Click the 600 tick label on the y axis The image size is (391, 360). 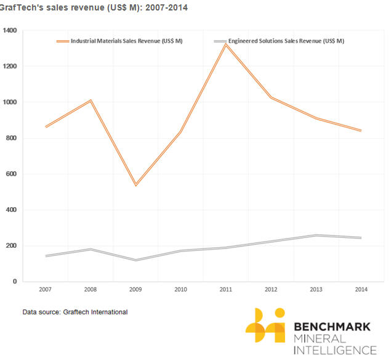[x=11, y=174]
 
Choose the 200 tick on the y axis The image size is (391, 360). [x=11, y=246]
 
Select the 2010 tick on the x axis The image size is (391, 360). [x=181, y=289]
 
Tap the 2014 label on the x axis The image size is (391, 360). [x=361, y=289]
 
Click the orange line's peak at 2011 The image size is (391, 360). [x=226, y=44]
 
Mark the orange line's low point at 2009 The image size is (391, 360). [x=136, y=185]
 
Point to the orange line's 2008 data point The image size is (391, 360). [x=91, y=100]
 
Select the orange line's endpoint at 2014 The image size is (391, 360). [x=361, y=131]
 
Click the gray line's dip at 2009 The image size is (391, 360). [x=136, y=260]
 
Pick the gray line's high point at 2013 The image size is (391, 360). [x=316, y=235]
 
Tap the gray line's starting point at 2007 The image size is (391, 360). [x=46, y=256]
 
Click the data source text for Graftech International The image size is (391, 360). [x=75, y=312]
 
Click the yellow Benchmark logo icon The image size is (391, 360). [x=265, y=325]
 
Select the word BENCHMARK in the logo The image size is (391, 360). [x=333, y=326]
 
